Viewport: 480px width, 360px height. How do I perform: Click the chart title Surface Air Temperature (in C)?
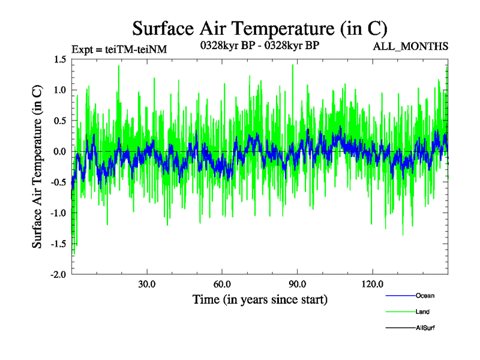pyautogui.click(x=259, y=28)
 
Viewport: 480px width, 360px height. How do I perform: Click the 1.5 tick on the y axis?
pyautogui.click(x=59, y=59)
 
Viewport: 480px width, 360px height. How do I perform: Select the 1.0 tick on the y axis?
pyautogui.click(x=59, y=90)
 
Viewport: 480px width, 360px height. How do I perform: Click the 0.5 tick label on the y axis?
pyautogui.click(x=59, y=121)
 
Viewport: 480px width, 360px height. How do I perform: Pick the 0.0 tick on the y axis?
pyautogui.click(x=59, y=151)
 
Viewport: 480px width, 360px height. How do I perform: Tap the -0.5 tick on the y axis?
pyautogui.click(x=57, y=182)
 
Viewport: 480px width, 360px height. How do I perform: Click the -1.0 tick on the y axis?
pyautogui.click(x=57, y=212)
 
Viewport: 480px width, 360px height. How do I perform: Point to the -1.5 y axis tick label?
pyautogui.click(x=57, y=244)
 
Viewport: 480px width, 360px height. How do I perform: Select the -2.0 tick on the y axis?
pyautogui.click(x=57, y=274)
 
